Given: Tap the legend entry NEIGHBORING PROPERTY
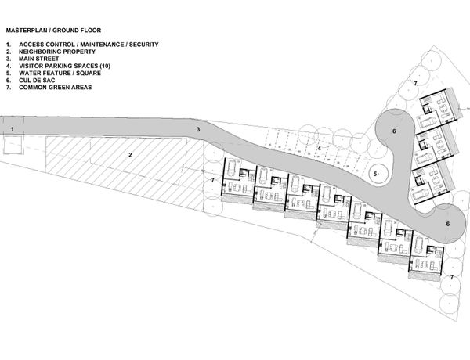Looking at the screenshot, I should (56, 51).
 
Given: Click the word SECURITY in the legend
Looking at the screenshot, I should (142, 45).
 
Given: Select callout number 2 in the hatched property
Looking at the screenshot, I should (130, 154).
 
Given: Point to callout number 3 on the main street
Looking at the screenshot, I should (198, 129).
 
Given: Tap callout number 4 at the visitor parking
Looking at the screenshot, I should (319, 147).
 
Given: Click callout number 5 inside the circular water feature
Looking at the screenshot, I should (375, 174).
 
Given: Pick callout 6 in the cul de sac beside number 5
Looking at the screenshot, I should (394, 131).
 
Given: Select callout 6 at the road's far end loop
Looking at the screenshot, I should (447, 225).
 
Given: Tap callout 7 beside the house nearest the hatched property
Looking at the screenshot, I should (212, 180).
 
